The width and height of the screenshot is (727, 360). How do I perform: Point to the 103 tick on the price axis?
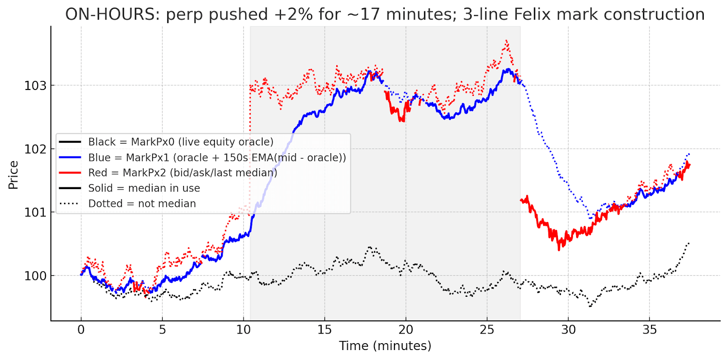pos(35,86)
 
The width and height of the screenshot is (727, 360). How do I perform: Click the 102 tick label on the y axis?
pos(35,149)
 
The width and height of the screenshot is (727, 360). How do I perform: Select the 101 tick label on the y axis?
pos(35,212)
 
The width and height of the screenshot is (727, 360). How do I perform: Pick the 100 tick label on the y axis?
pos(35,276)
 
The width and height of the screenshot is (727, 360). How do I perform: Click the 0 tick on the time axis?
pos(81,330)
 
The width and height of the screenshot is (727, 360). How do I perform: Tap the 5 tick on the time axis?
pos(162,330)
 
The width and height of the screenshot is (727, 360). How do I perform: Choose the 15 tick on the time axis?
pos(324,330)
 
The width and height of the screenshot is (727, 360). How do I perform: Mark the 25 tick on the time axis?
pos(487,330)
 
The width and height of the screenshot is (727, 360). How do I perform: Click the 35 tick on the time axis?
pos(649,330)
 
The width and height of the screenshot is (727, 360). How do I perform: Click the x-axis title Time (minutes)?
pos(385,346)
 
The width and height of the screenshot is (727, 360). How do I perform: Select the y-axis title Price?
pos(13,175)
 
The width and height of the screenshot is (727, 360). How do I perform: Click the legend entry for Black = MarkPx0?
pos(180,142)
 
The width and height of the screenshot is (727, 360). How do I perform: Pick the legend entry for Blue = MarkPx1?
pos(217,157)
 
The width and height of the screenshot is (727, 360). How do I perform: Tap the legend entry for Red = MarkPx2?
pos(182,173)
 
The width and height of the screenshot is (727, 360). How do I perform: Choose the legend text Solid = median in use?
pos(144,188)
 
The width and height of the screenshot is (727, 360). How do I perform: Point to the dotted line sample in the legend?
pos(70,204)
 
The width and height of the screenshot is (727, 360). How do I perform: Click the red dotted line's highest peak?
pos(506,41)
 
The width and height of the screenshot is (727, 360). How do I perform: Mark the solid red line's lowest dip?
pos(559,249)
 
